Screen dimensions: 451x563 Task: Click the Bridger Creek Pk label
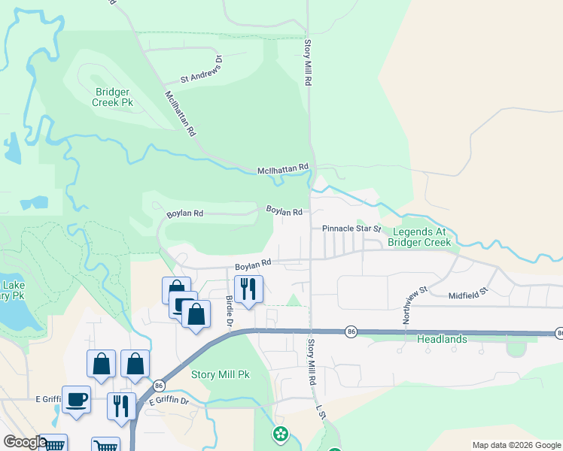[x=114, y=97]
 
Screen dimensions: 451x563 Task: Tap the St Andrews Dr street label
[x=201, y=71]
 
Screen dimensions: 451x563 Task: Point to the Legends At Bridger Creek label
[x=420, y=238]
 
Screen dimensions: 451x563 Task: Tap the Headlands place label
[x=442, y=340]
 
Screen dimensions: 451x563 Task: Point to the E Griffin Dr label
[x=168, y=401]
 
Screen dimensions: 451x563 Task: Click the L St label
[x=321, y=413]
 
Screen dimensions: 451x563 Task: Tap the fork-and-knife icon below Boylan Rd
[x=247, y=289]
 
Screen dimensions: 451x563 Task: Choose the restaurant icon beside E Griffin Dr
[x=121, y=406]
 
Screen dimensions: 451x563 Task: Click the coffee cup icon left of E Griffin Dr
[x=76, y=399]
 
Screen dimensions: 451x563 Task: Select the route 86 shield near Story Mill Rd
[x=351, y=331]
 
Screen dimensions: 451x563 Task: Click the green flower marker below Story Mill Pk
[x=281, y=433]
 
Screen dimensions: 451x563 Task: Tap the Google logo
[x=24, y=442]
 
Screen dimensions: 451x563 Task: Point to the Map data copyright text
[x=516, y=445]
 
